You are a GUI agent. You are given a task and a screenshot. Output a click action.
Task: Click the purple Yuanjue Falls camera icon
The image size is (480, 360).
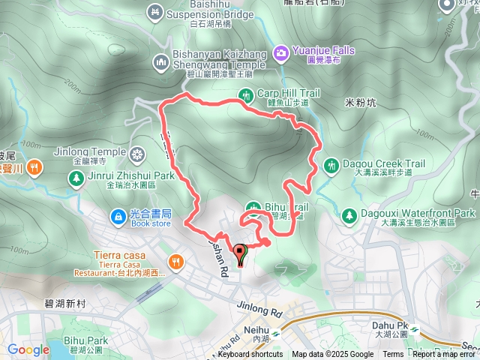click(281, 52)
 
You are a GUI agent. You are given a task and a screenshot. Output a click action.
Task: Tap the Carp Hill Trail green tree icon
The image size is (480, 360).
click(245, 94)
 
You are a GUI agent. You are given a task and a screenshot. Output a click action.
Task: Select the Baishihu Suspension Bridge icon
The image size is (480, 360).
click(155, 12)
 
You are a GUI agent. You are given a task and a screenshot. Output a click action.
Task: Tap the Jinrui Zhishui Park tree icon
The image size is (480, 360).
click(76, 178)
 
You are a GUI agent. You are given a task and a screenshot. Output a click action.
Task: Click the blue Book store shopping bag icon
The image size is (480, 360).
click(118, 217)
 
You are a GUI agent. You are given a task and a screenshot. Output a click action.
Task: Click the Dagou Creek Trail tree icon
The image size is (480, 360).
click(331, 165)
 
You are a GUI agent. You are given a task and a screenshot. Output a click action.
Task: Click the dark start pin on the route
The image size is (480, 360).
click(240, 254)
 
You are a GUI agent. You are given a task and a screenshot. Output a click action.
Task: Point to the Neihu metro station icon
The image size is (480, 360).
click(276, 330)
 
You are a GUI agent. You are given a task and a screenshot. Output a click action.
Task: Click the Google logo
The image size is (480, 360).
click(28, 349)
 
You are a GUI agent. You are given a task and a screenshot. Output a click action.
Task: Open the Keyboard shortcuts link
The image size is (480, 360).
click(250, 355)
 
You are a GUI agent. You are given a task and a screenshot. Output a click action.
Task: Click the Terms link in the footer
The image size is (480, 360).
click(393, 355)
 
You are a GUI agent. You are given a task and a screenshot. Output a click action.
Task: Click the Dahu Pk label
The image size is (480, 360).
click(388, 325)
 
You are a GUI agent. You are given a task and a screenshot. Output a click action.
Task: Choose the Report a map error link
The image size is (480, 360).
click(445, 355)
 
